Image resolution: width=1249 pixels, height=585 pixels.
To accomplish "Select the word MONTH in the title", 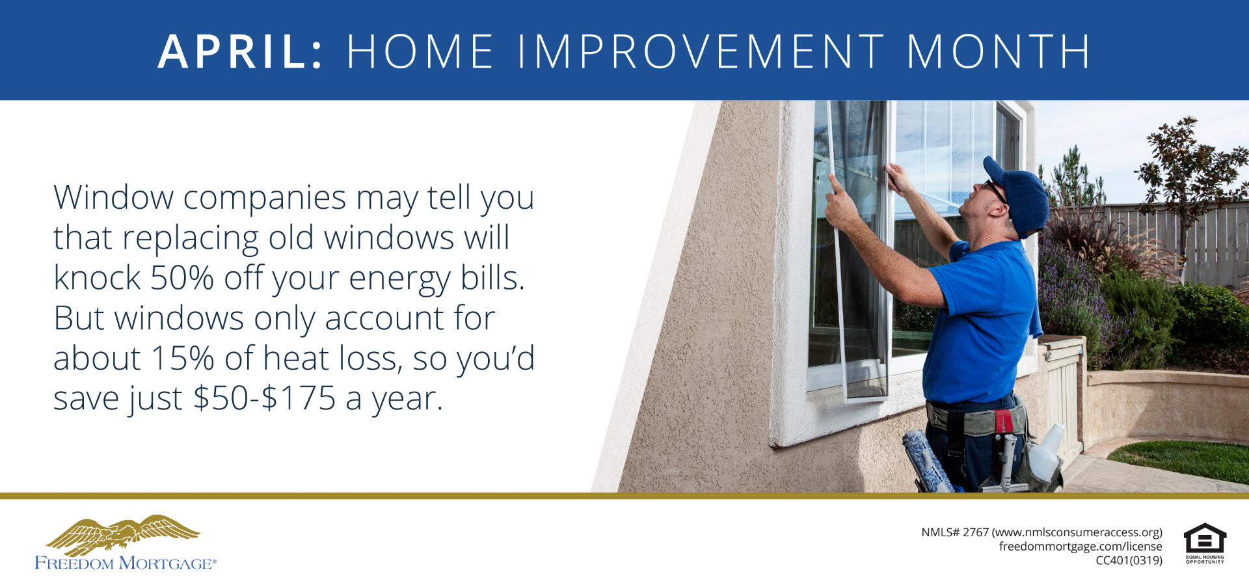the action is coord(999,51).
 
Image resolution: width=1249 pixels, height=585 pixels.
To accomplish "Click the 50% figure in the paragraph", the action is coord(182,278).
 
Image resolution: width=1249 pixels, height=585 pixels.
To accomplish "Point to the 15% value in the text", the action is coord(182,359).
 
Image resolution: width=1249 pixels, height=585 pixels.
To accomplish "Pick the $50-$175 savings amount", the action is coord(265,398).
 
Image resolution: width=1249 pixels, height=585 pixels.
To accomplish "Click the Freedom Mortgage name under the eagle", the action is coord(126,564).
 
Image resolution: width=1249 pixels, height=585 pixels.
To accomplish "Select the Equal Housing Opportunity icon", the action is coord(1205,543).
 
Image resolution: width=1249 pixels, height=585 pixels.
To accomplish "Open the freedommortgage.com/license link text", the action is coord(1081,547).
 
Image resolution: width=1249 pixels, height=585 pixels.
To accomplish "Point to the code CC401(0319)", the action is coord(1129,561).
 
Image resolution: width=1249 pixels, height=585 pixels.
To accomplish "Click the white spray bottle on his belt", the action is coord(1045,453).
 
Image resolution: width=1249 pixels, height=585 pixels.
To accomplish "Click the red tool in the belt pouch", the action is coord(1003,421).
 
